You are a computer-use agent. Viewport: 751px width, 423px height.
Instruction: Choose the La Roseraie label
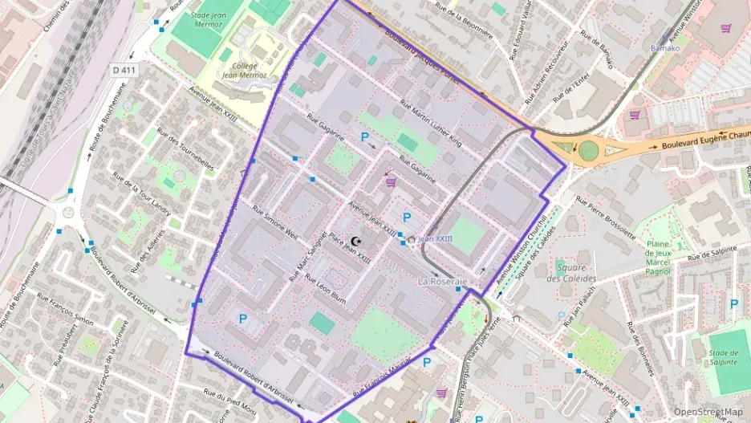(442, 283)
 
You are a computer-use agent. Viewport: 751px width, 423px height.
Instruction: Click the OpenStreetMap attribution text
(708, 412)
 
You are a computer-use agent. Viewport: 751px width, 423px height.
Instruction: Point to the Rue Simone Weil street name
(274, 222)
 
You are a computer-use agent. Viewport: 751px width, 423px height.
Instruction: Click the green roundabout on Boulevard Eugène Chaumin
(589, 150)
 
